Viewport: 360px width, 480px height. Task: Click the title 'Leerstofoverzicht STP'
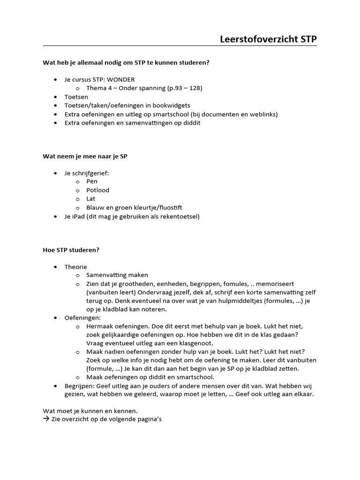pyautogui.click(x=268, y=39)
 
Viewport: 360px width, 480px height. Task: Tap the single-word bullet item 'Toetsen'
pyautogui.click(x=76, y=97)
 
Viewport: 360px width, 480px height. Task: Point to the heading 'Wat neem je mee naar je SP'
pyautogui.click(x=85, y=157)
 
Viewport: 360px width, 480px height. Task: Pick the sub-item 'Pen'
pyautogui.click(x=91, y=181)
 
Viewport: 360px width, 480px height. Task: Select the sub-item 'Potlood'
pyautogui.click(x=97, y=190)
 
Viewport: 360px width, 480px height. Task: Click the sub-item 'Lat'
pyautogui.click(x=90, y=199)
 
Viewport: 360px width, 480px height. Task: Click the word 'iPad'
pyautogui.click(x=78, y=217)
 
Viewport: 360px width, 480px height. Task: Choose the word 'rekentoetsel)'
pyautogui.click(x=181, y=217)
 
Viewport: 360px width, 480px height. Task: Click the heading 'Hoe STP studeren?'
pyautogui.click(x=71, y=250)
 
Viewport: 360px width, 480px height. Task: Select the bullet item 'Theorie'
pyautogui.click(x=75, y=267)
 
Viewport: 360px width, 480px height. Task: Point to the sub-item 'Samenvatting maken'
pyautogui.click(x=117, y=275)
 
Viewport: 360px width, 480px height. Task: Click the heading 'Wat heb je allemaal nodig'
pyautogui.click(x=126, y=62)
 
